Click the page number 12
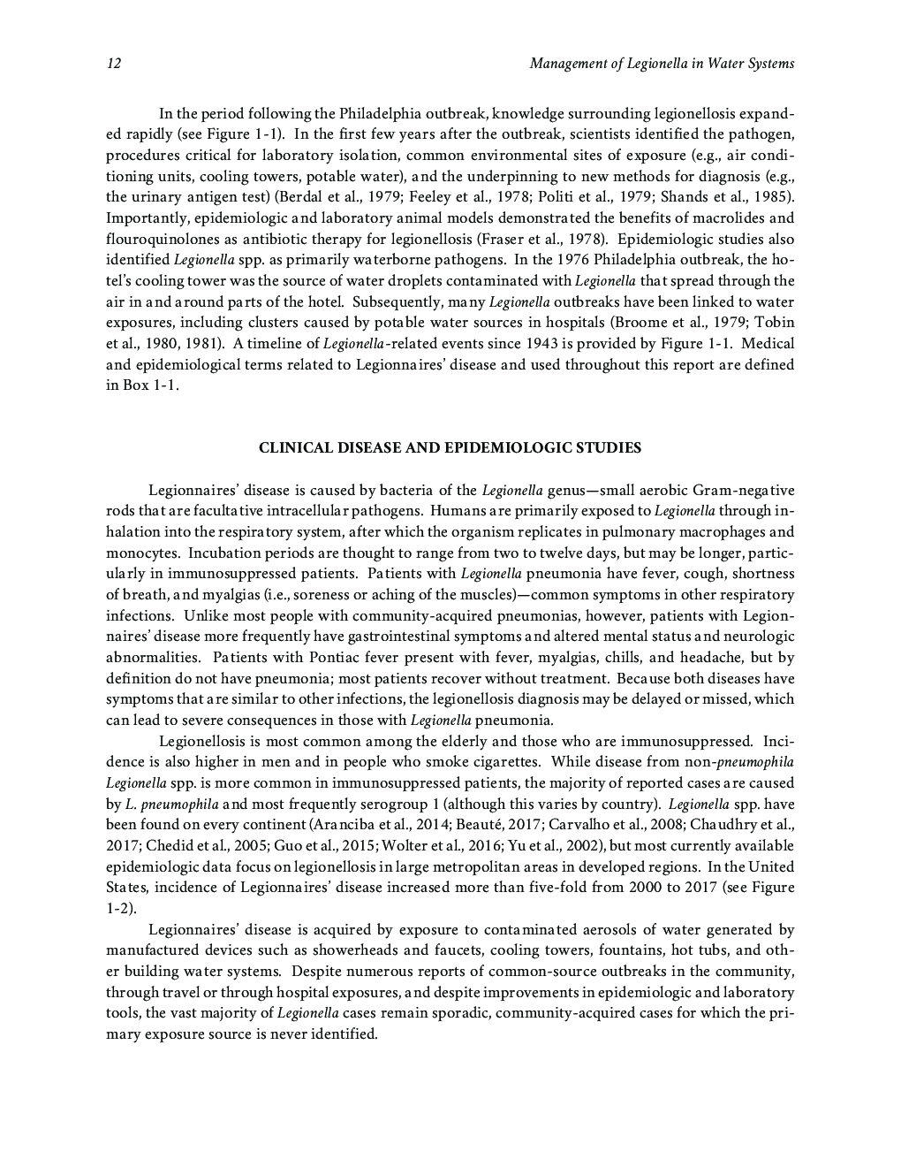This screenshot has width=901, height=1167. tap(113, 64)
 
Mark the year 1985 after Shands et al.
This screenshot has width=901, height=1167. tap(775, 197)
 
